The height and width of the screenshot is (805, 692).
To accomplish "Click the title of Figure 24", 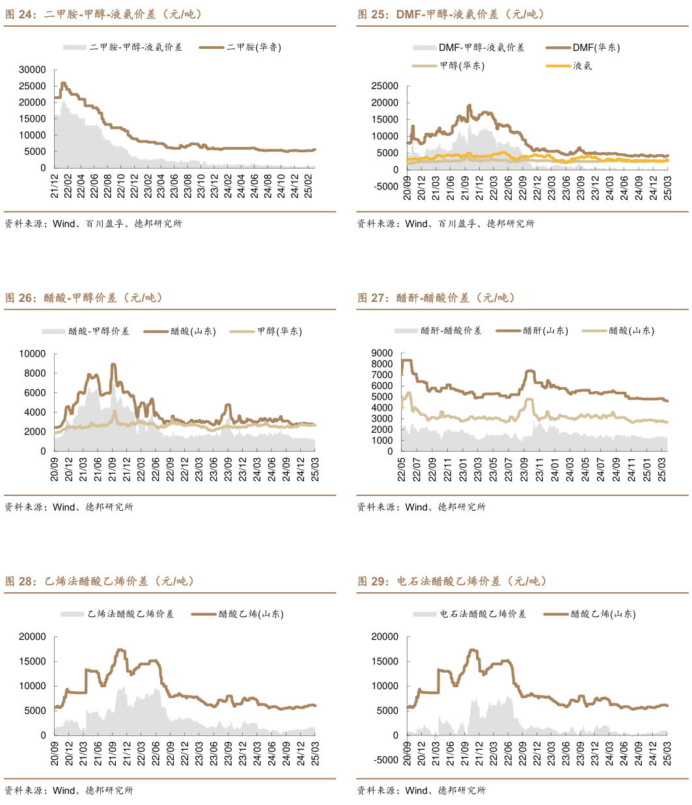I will (104, 14).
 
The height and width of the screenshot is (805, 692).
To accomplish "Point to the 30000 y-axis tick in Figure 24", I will (33, 70).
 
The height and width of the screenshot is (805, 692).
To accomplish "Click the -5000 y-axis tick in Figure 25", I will (385, 186).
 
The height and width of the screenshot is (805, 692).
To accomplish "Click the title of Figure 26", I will (84, 298).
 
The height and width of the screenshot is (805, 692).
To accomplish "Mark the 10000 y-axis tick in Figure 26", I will (33, 354).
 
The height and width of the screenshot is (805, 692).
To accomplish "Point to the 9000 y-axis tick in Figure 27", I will (382, 353).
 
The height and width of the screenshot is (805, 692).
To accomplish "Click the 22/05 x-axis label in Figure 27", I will (402, 470).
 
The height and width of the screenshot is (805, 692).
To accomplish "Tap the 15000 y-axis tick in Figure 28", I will (33, 661).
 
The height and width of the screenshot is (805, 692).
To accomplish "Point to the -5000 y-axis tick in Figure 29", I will (385, 760).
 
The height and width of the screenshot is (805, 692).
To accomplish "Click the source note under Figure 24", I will (93, 224).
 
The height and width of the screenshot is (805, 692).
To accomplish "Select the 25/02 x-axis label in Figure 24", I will (311, 185).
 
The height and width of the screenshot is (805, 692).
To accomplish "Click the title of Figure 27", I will (436, 298).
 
